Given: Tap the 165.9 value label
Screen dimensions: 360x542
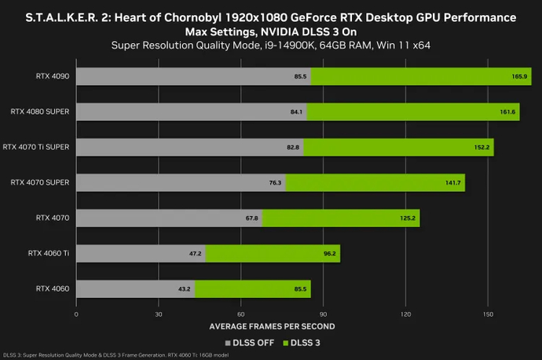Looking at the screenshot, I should click(518, 76).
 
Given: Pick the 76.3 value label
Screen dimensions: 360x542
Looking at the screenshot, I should click(276, 182).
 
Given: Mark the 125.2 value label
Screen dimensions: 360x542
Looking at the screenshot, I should click(408, 218).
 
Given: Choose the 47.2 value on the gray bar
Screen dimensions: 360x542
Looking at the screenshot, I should click(196, 254).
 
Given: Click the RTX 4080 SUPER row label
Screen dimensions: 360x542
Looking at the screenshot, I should click(40, 112).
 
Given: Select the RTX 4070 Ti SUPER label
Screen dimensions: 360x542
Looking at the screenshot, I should click(36, 147).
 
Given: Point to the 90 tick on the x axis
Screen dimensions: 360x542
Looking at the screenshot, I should click(323, 314).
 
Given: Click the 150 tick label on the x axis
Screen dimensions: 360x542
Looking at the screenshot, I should click(488, 314).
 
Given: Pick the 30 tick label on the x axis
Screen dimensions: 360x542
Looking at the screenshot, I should click(159, 314).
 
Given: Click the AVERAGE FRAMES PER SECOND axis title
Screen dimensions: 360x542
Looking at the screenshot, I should click(272, 325).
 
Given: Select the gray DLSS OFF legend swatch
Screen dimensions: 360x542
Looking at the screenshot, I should click(228, 343).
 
